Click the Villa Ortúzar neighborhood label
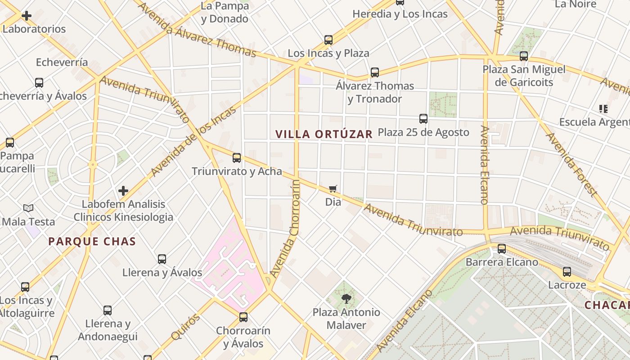point(324,134)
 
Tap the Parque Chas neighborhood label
point(92,242)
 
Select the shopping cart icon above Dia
point(333,189)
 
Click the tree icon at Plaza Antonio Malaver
point(346,298)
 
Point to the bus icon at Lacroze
point(567,272)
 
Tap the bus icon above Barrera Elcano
point(502,249)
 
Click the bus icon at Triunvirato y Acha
point(237,158)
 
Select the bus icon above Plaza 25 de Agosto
point(423,119)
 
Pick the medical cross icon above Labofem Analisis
point(123,191)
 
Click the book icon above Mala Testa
point(28,208)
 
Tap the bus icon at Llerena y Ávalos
point(162,259)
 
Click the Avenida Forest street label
point(571,164)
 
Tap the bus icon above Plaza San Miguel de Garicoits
point(524,56)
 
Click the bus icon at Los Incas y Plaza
point(328,40)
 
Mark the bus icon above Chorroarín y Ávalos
point(243,317)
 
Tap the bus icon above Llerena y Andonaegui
point(108,310)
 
